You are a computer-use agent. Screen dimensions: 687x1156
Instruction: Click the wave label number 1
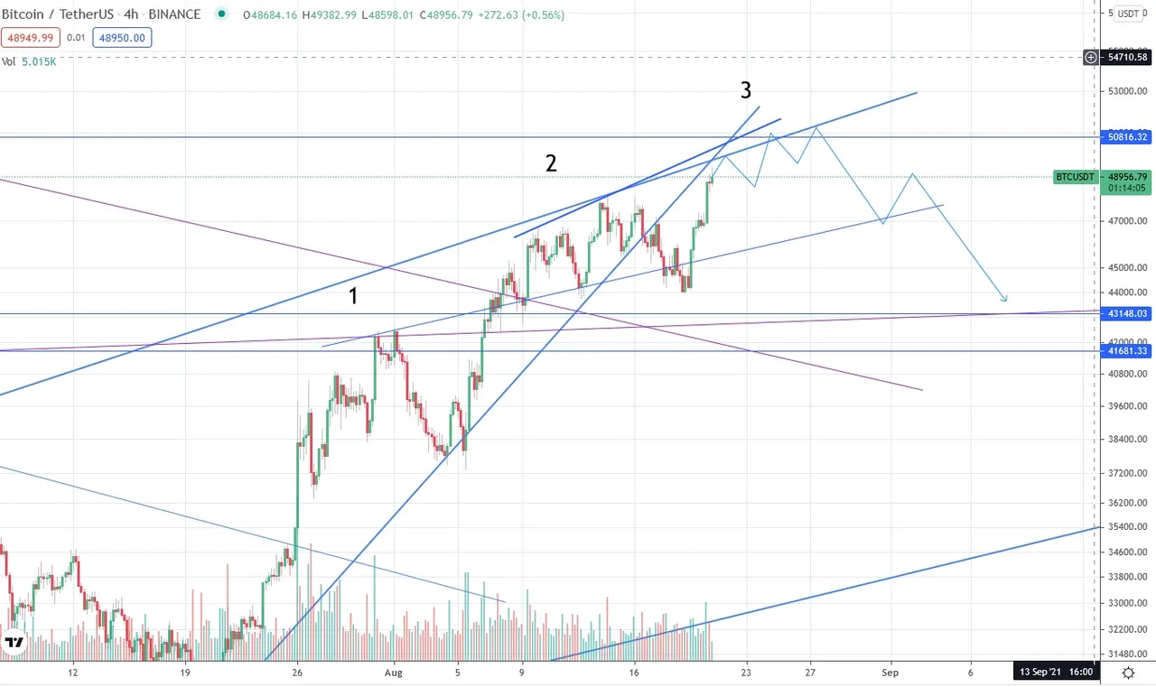click(355, 295)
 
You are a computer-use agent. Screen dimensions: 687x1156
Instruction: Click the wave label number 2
click(550, 163)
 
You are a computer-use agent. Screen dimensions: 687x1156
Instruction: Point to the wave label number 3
click(746, 90)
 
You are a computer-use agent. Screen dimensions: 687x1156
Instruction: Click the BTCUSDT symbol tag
click(1076, 177)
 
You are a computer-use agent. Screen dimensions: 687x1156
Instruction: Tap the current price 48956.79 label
click(1128, 177)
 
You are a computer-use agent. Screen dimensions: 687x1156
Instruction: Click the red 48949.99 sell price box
click(32, 37)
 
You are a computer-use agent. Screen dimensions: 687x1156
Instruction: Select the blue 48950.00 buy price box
click(126, 37)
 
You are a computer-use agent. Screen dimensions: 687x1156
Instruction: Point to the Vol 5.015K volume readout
click(29, 61)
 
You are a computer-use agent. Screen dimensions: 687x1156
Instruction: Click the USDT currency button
click(1128, 14)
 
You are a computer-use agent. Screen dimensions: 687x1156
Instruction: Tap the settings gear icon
click(1128, 673)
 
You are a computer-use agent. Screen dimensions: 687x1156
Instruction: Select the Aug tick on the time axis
click(391, 673)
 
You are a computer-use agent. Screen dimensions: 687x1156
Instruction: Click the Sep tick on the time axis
click(890, 673)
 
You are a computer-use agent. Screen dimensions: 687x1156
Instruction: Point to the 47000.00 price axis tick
click(1128, 220)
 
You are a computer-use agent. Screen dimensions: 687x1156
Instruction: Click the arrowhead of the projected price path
click(1004, 300)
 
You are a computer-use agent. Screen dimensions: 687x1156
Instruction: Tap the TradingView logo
click(14, 643)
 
